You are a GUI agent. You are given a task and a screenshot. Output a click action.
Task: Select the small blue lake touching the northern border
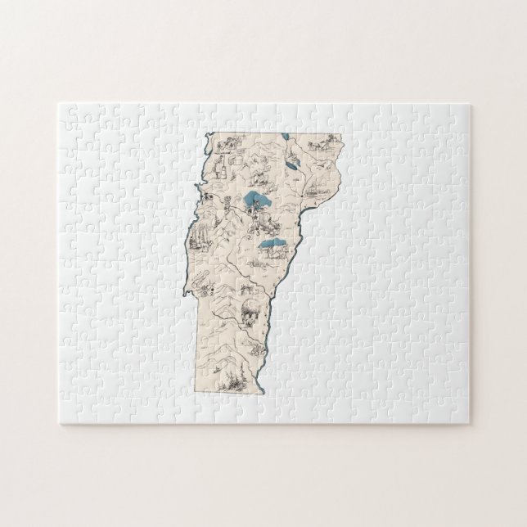pos(285,137)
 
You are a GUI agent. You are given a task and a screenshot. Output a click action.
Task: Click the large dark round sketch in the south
pos(248,309)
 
